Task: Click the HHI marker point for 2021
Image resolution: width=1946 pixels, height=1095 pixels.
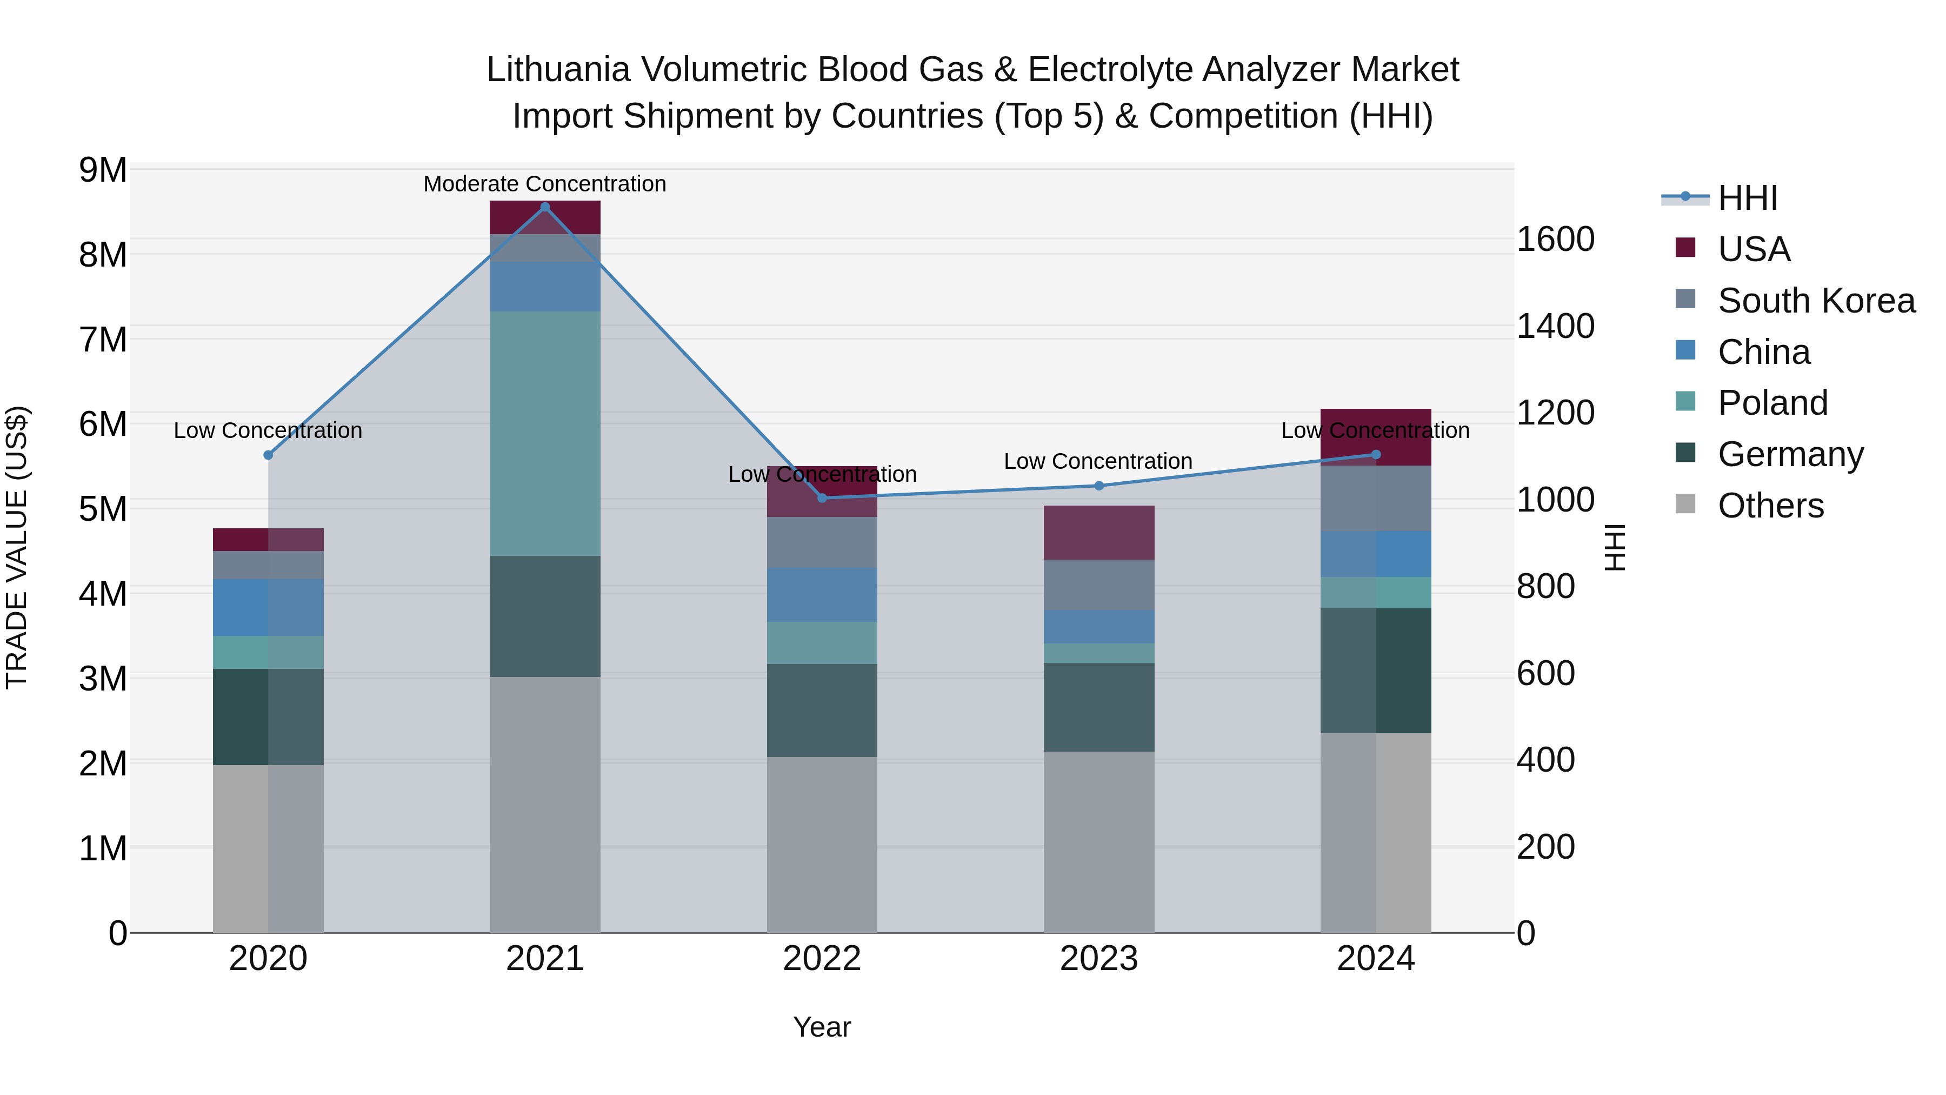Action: pos(545,207)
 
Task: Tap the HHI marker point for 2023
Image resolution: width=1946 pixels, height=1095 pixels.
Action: pos(1098,486)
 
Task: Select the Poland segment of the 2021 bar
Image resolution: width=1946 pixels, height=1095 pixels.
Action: pos(545,433)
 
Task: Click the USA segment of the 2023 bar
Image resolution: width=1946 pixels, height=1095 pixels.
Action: pos(1098,533)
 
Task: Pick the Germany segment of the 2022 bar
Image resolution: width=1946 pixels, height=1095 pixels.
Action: pos(822,711)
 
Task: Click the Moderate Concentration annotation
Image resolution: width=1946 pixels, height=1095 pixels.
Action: pos(545,184)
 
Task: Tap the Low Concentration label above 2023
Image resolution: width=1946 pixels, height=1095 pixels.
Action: pos(1098,461)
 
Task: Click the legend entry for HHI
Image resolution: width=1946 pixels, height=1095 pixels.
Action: pos(1747,198)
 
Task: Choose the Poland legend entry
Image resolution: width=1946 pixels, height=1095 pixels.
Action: pos(1772,403)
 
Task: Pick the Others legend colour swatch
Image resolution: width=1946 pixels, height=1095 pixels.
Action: pos(1685,504)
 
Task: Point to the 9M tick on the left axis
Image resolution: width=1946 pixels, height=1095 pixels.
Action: pos(103,170)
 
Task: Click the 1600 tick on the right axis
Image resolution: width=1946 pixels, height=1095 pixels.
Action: pos(1555,240)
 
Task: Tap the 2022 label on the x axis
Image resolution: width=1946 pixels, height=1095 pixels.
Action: pos(822,959)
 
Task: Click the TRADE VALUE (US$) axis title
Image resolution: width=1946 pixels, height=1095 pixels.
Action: pos(17,547)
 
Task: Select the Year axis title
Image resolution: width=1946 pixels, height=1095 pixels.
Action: pos(822,1027)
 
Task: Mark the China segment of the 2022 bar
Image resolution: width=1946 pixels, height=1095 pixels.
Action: pos(822,595)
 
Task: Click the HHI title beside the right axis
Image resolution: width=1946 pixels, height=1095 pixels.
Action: pos(1614,547)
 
